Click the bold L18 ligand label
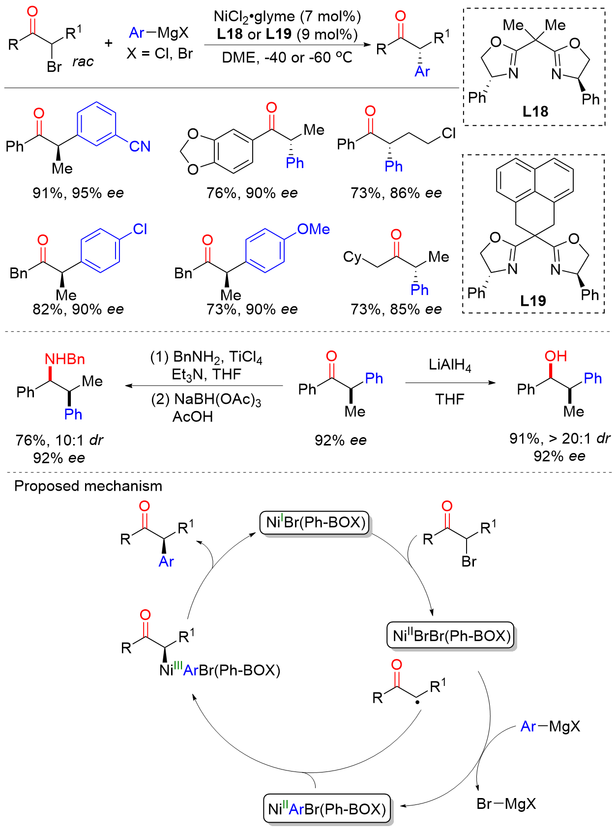pos(535,112)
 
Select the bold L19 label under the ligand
pos(533,300)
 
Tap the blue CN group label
pos(140,146)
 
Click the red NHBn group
pos(65,359)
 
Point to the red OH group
pos(556,356)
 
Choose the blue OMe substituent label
pos(314,229)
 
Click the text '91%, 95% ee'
pos(78,193)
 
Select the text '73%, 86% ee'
pos(396,193)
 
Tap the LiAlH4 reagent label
pos(450,365)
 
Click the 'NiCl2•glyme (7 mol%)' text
pos(287,16)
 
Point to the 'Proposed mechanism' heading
pos(88,486)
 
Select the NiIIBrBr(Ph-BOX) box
pos(451,636)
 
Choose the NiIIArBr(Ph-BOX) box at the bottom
pos(327,809)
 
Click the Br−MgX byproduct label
pos(506,804)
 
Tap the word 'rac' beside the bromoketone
pos(83,62)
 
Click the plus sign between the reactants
pos(108,43)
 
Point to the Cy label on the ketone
pos(352,257)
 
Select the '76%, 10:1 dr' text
pos(59,440)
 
